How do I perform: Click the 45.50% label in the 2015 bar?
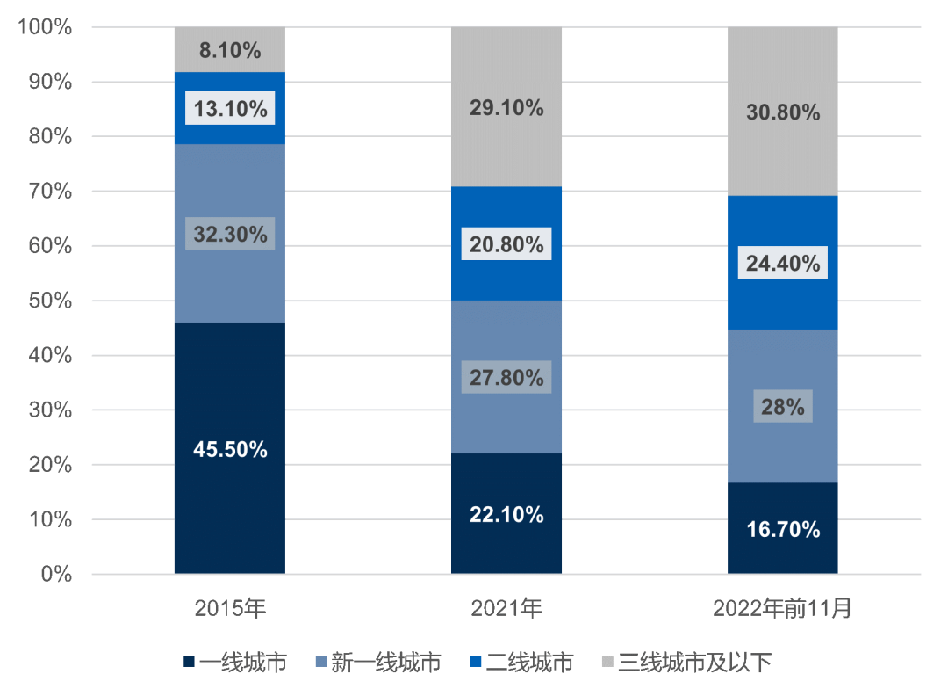point(230,450)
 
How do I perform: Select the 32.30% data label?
point(230,235)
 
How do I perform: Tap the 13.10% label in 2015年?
point(230,109)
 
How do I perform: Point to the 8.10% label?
point(230,51)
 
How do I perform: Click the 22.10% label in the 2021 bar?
point(506,515)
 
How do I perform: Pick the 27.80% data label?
point(506,378)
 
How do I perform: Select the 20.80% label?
point(506,245)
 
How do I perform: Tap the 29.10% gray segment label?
point(506,109)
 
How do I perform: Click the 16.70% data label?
point(783,530)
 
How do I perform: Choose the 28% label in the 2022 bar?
point(783,407)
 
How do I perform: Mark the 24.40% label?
point(783,263)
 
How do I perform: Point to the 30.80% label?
point(783,112)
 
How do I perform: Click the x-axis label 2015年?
point(230,608)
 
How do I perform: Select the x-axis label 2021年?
point(506,608)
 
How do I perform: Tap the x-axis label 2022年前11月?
point(783,608)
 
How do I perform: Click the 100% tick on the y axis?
point(44,27)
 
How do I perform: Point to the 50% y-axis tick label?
point(49,301)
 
